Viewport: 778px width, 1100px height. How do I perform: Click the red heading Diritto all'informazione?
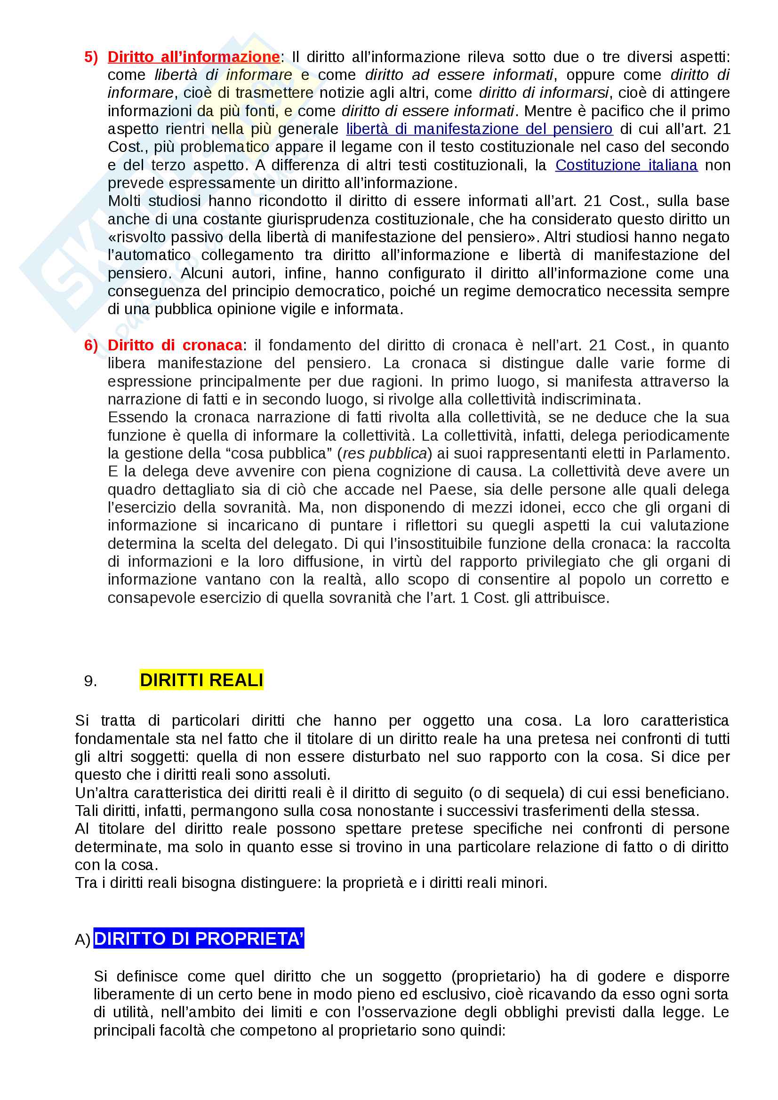[193, 57]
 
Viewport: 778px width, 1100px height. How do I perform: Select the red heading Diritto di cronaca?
[175, 346]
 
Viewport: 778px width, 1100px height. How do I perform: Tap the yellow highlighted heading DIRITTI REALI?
[201, 681]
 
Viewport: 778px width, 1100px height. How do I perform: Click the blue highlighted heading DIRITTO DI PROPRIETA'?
[199, 939]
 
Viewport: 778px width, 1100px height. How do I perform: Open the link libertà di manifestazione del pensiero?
[479, 129]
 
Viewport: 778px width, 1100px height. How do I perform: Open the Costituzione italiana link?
[626, 165]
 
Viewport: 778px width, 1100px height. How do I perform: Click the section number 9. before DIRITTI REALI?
[90, 681]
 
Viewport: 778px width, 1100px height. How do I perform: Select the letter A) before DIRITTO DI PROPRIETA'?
[82, 940]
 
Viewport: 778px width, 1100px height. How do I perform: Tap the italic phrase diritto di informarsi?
[544, 93]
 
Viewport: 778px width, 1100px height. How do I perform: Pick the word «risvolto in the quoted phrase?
[137, 237]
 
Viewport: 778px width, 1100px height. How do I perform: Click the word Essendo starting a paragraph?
[138, 418]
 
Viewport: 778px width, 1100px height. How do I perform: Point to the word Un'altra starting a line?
[101, 793]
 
